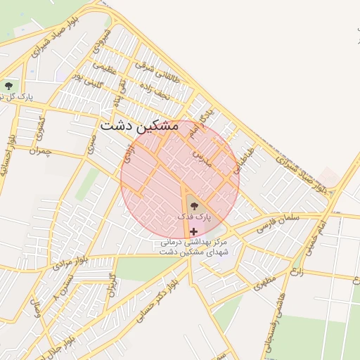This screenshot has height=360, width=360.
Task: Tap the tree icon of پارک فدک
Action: coord(194,206)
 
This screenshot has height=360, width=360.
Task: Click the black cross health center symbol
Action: coord(194,231)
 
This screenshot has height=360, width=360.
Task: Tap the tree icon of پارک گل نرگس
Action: coord(8,86)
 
